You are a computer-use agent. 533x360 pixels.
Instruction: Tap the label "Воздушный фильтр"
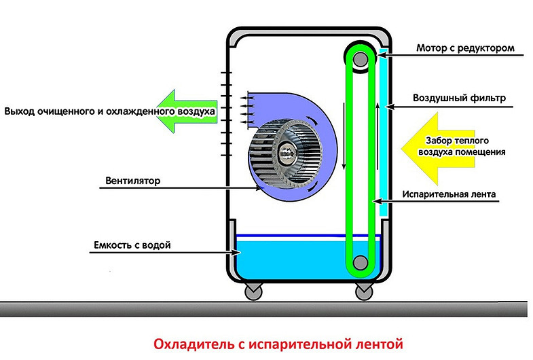point(460,98)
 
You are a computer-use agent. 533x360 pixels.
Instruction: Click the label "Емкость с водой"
point(129,243)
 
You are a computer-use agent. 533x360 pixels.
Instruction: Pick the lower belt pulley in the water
point(360,262)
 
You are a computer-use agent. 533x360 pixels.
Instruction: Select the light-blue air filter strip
point(382,136)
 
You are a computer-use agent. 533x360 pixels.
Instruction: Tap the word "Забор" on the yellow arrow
point(439,141)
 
